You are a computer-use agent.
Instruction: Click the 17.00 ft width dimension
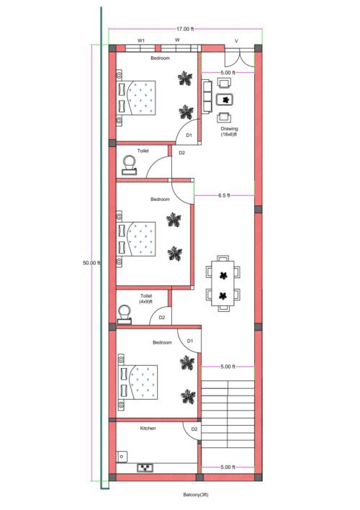(x=185, y=29)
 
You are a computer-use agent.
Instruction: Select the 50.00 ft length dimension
(x=91, y=263)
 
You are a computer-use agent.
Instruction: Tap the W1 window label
(x=142, y=41)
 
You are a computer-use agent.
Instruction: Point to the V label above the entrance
(x=236, y=41)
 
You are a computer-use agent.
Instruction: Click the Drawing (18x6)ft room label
(x=229, y=132)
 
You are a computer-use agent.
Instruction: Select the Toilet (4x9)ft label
(x=146, y=298)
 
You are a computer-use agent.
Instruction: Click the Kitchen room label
(x=148, y=428)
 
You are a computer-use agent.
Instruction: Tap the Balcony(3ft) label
(x=195, y=495)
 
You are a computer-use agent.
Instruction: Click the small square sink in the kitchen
(x=122, y=457)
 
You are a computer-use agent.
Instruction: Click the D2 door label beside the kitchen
(x=194, y=431)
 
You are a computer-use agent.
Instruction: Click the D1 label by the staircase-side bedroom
(x=190, y=341)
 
